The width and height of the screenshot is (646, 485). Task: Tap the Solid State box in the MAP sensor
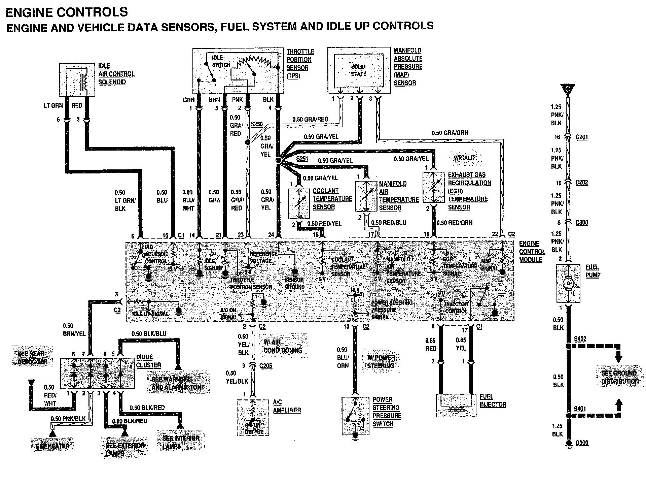(358, 70)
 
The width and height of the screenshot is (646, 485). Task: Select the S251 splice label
(302, 158)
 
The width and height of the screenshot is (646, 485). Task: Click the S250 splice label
(257, 124)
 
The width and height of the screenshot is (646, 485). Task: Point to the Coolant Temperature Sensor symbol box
(299, 203)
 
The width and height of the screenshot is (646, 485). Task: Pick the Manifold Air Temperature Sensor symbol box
(366, 196)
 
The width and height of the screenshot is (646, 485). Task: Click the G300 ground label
(582, 443)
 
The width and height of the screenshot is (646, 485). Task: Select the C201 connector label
(581, 137)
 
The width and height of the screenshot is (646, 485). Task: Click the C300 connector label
(582, 223)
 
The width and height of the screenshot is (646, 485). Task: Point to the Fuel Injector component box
(456, 406)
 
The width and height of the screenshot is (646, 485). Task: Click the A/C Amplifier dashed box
(253, 418)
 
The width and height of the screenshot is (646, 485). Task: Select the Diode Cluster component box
(98, 373)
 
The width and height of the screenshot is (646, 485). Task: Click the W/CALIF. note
(465, 158)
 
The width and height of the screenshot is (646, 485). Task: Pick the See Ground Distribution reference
(620, 377)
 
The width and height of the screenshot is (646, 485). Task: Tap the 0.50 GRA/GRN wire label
(450, 133)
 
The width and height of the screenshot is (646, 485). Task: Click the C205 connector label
(265, 366)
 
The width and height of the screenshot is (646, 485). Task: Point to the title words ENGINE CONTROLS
(67, 12)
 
